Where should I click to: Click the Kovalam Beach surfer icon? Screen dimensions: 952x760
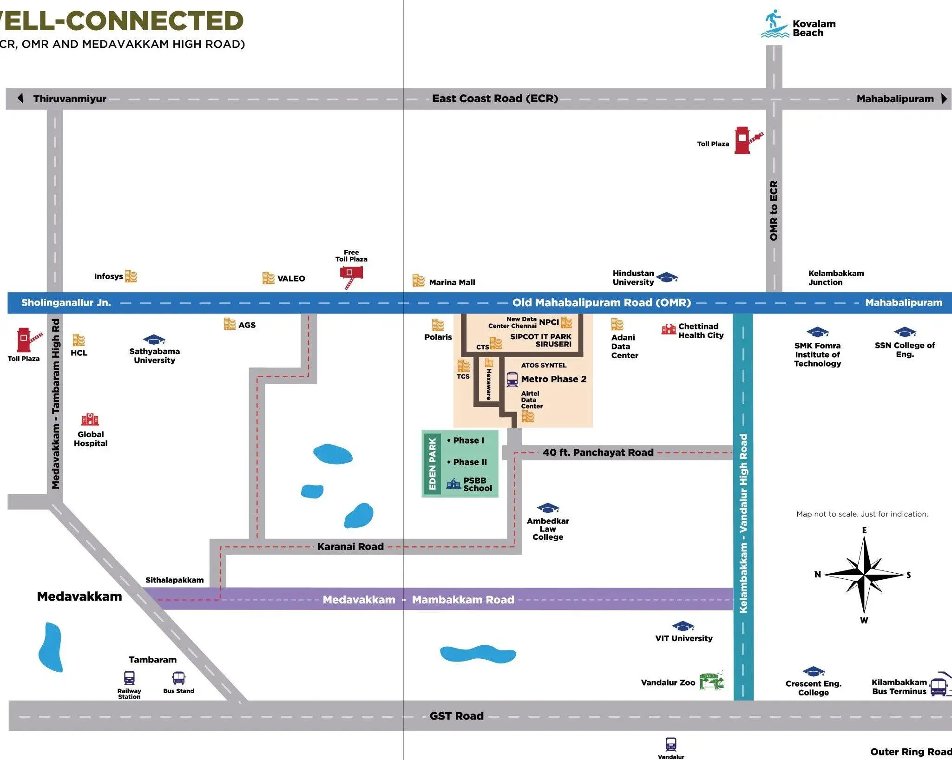(775, 24)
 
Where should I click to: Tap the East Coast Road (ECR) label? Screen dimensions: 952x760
(495, 98)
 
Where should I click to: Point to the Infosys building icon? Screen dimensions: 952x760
(131, 276)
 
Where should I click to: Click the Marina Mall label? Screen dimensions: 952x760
(452, 282)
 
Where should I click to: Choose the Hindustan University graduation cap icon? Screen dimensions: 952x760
(667, 277)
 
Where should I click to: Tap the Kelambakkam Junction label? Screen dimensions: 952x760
(836, 278)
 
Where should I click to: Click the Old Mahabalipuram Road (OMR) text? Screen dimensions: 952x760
(602, 303)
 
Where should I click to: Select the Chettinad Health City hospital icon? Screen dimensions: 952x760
(669, 329)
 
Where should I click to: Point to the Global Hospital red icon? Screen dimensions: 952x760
(90, 419)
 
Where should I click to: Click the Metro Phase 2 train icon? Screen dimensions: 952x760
(512, 379)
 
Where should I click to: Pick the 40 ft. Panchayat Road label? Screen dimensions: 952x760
(598, 452)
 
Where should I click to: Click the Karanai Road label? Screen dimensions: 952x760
(350, 547)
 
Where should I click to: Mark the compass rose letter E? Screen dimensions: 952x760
(864, 530)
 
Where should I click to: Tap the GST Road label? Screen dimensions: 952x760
(456, 716)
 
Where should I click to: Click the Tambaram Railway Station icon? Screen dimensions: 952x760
(129, 678)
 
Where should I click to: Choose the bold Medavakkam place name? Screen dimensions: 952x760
(79, 596)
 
